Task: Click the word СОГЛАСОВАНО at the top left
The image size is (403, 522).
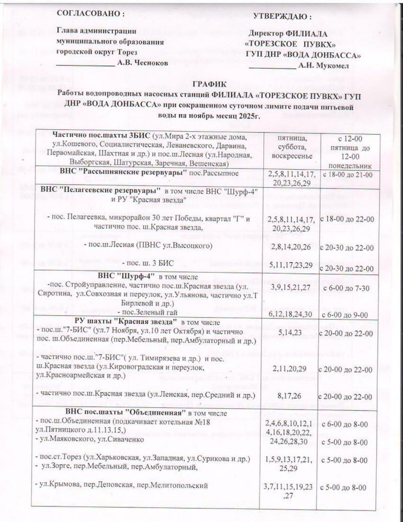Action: [x=90, y=13]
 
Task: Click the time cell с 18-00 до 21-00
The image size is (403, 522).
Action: [x=347, y=175]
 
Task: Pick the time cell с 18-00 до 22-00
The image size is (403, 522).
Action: [x=347, y=219]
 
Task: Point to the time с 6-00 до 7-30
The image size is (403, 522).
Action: [x=346, y=288]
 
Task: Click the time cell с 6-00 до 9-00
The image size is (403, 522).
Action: [x=346, y=314]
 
